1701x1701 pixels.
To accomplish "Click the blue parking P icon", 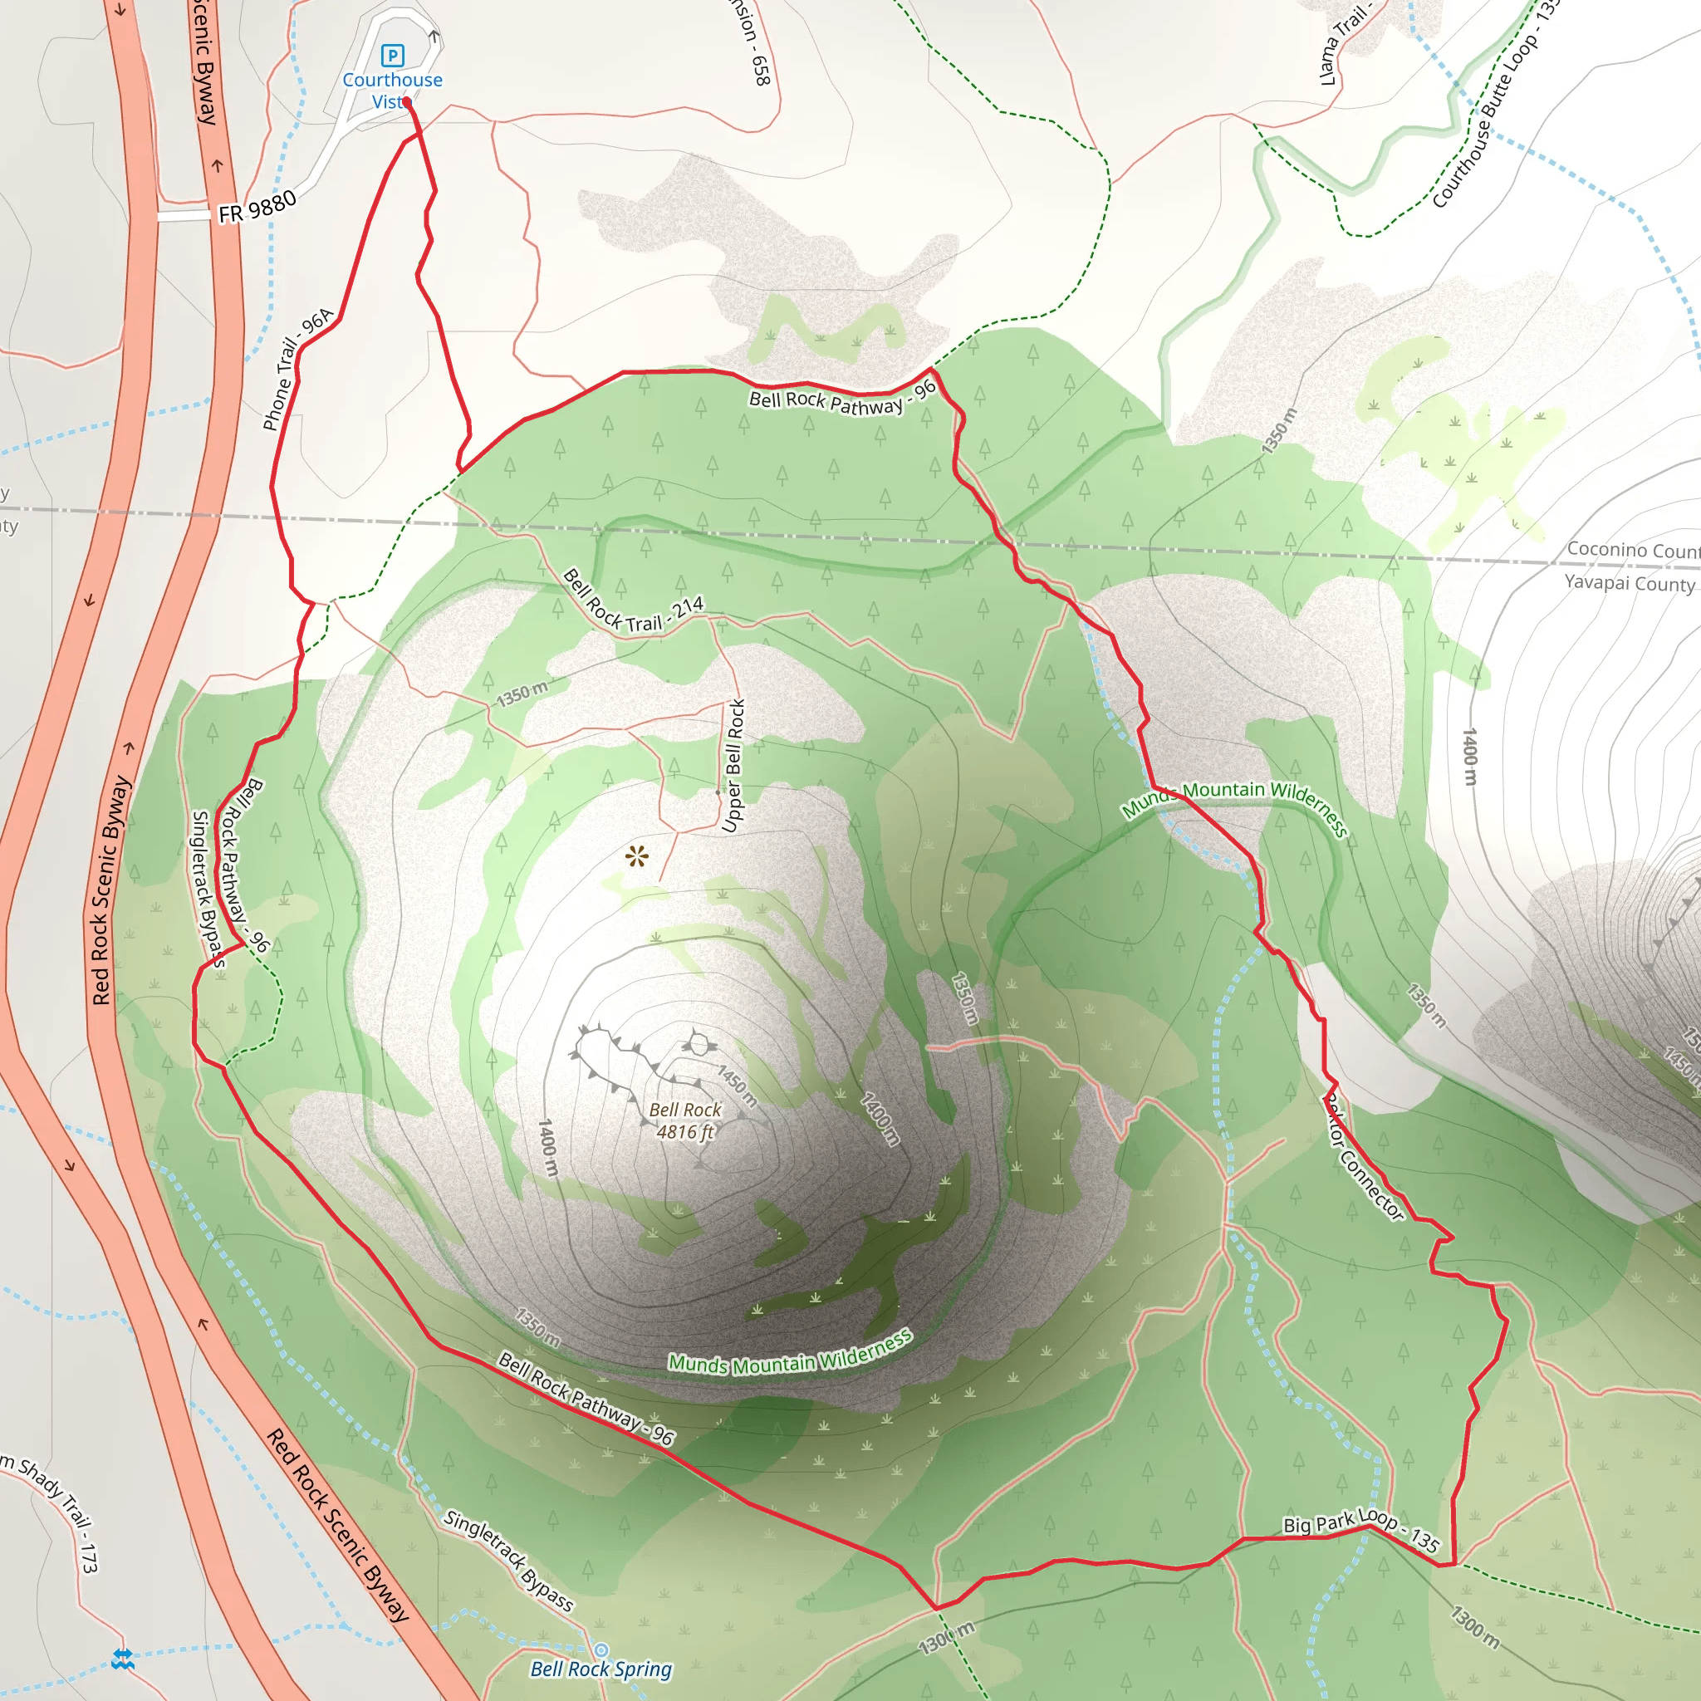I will [x=393, y=56].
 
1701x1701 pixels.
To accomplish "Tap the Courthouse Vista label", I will [x=392, y=91].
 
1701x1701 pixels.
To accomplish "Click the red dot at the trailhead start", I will [x=407, y=102].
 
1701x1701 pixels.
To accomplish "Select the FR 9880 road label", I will [x=257, y=208].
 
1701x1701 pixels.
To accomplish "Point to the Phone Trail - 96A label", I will [x=297, y=369].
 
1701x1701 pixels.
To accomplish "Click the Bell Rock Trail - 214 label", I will [x=632, y=603].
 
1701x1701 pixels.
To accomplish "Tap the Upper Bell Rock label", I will [x=733, y=766].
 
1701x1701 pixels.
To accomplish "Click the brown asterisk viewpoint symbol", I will [x=636, y=855].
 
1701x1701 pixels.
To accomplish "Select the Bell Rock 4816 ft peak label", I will [x=685, y=1120].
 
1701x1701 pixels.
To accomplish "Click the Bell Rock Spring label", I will [x=601, y=1669].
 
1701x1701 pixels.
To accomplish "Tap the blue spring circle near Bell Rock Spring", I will [x=601, y=1650].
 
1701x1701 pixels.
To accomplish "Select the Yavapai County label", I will [x=1629, y=583].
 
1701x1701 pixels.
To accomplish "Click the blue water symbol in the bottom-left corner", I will [x=123, y=1659].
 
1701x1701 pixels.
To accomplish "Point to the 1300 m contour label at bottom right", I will [x=1475, y=1627].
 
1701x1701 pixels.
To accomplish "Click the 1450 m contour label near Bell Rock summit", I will [x=737, y=1086].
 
